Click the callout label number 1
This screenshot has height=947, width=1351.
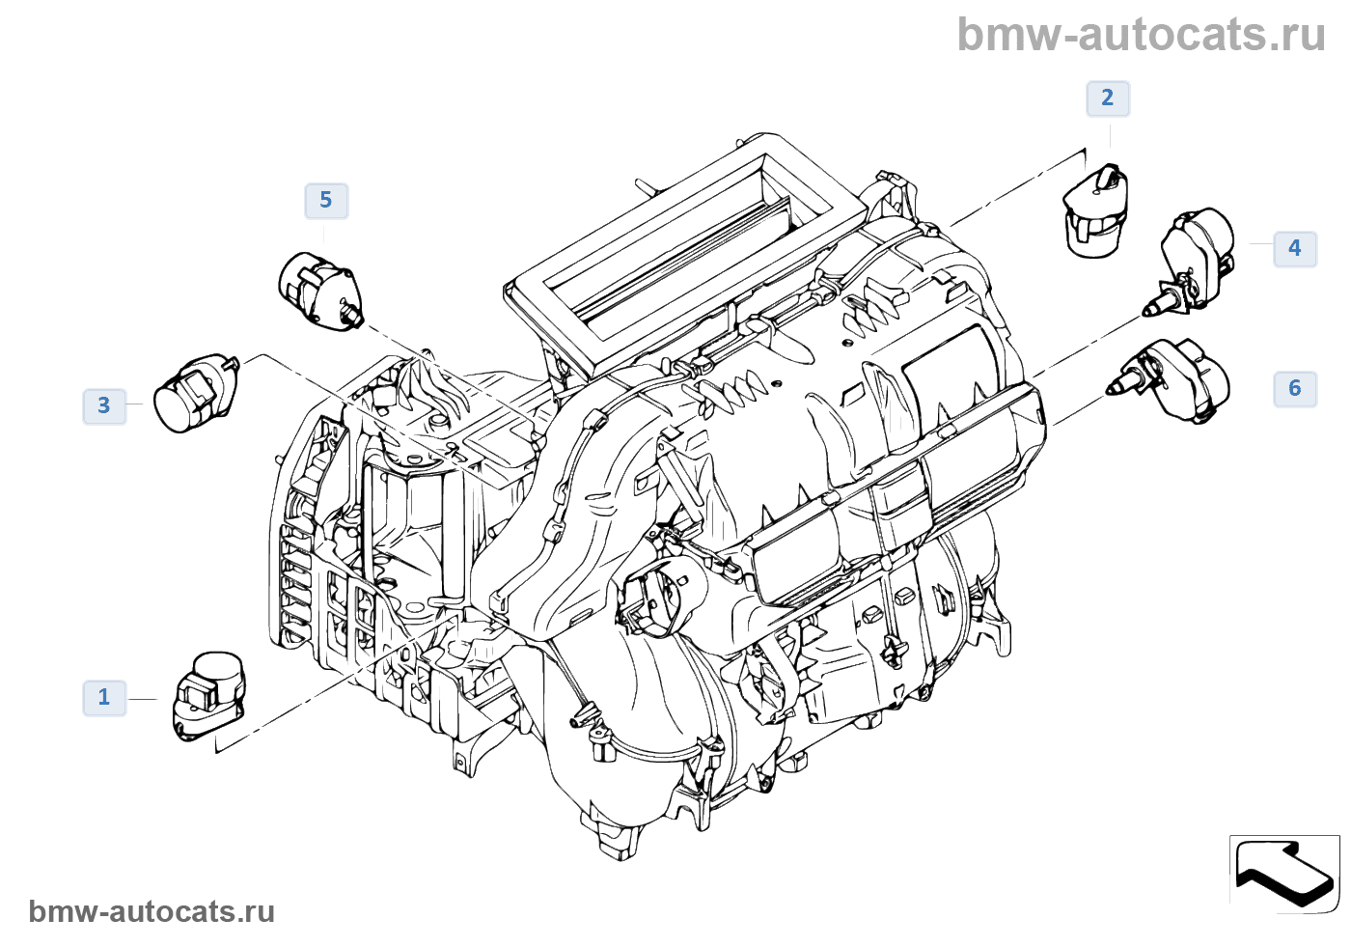pos(104,697)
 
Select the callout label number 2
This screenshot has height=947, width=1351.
pos(1107,97)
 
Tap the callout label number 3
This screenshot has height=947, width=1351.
pos(104,405)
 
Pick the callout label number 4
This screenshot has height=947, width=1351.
pos(1294,248)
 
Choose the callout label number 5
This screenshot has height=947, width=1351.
pos(325,200)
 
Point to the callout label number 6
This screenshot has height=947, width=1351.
pos(1294,388)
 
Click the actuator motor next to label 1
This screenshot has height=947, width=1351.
pos(208,695)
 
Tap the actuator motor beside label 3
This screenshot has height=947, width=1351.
pos(196,393)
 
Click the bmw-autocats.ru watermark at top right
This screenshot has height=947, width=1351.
pos(1141,35)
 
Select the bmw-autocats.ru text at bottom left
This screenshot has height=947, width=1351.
pos(152,911)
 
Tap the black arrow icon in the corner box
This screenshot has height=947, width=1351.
pos(1284,872)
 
